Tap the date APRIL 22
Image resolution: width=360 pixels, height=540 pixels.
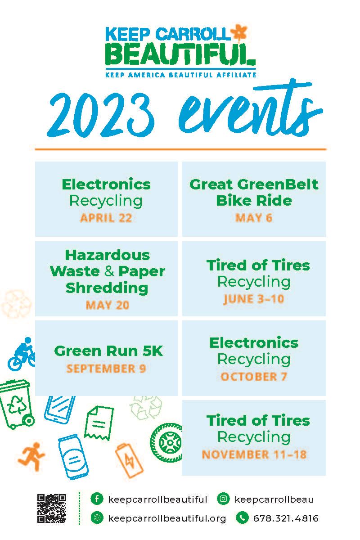coord(106,218)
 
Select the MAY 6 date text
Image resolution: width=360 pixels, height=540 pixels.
coord(254,218)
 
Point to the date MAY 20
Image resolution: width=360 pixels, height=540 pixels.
coord(107,305)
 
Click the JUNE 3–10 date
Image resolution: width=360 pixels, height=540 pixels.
coord(253,299)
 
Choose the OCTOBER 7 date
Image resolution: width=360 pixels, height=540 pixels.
coord(254,377)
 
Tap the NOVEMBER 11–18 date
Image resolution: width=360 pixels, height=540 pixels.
coord(254,454)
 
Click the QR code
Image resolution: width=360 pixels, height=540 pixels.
coord(51,508)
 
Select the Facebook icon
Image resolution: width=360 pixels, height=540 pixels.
coord(96,499)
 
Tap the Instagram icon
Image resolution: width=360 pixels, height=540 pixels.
coord(223,499)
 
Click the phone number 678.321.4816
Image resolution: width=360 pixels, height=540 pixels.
coord(286,518)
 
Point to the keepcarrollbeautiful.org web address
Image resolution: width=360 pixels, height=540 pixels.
coord(167,518)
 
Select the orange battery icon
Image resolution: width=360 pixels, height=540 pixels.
coord(130,459)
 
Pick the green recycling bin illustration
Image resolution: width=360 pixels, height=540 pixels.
coord(16,403)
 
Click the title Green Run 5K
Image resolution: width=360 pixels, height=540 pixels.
coord(108,351)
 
